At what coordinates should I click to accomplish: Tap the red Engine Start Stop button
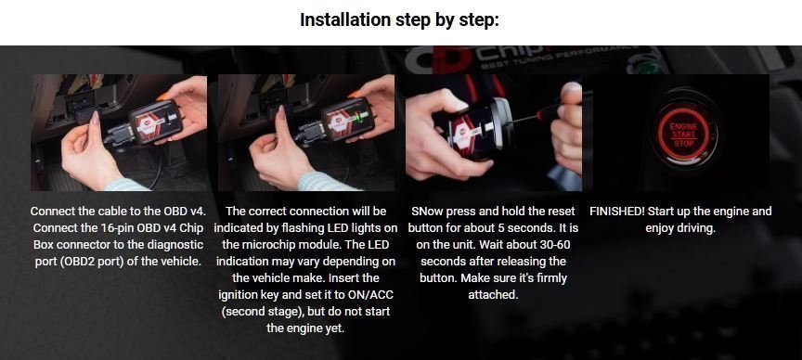[x=683, y=134]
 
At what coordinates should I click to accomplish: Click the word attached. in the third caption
[x=493, y=295]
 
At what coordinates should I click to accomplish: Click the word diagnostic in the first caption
[x=176, y=245]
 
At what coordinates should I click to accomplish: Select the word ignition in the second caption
[x=238, y=295]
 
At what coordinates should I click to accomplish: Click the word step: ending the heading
[x=481, y=19]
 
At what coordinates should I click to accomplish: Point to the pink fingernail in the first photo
[x=95, y=118]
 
